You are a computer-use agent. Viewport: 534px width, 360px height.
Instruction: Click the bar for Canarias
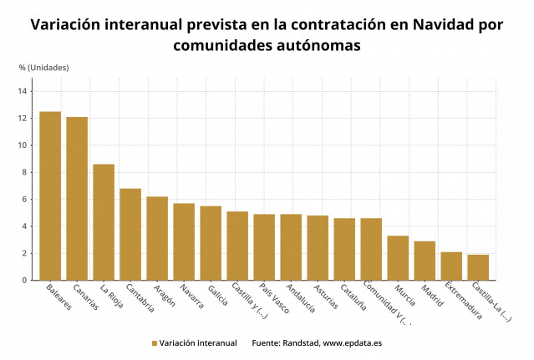pos(77,199)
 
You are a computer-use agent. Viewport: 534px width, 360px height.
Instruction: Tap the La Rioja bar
pos(104,222)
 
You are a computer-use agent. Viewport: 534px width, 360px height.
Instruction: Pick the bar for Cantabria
pos(130,235)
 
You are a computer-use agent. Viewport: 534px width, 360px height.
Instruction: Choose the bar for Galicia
pos(211,243)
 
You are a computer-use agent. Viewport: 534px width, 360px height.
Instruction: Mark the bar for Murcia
pos(398,258)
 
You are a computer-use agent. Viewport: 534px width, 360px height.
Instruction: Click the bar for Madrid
pos(425,261)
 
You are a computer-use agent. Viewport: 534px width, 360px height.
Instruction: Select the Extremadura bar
pos(451,266)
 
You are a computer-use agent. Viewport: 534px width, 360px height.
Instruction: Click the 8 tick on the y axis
pos(26,172)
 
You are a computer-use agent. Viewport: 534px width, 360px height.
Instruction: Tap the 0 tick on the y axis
pos(26,280)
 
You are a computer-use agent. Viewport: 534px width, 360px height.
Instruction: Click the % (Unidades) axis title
pos(43,67)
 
